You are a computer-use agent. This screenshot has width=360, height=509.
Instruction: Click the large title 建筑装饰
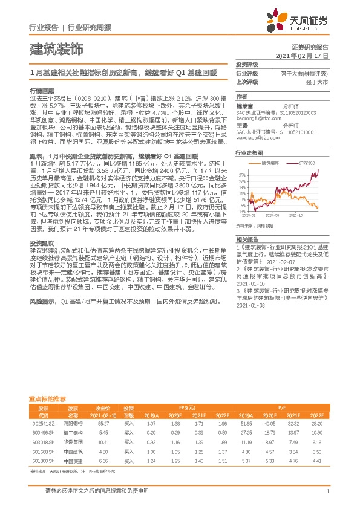(56, 47)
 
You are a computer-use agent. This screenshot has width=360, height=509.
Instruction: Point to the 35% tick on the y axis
(243, 175)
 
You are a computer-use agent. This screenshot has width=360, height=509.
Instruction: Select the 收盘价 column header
(103, 409)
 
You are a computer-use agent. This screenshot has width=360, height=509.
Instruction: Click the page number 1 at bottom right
(327, 491)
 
